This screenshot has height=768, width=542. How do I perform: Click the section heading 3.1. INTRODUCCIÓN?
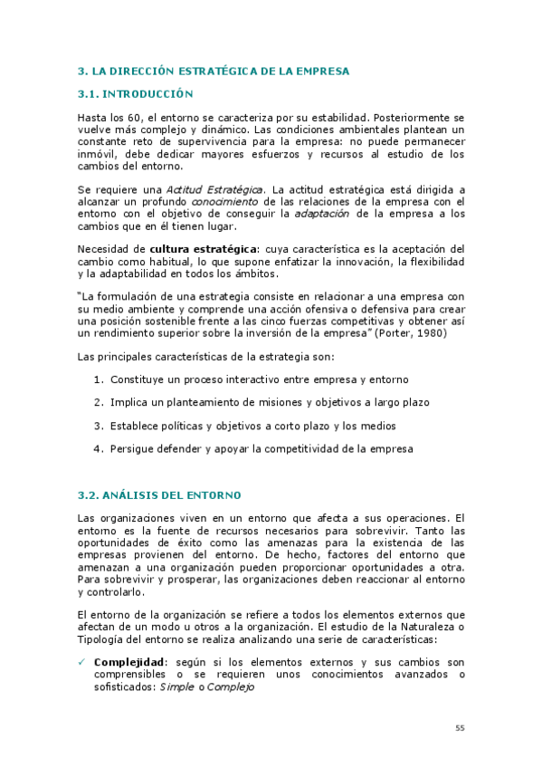point(137,93)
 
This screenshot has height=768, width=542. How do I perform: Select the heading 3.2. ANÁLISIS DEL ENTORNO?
point(158,494)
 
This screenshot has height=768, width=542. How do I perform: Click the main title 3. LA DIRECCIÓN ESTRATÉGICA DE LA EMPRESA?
point(214,70)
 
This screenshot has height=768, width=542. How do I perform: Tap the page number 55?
point(459,727)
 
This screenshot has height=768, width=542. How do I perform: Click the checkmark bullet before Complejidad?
point(82,662)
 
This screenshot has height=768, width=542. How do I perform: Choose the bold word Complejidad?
point(128,662)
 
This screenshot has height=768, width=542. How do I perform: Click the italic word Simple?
point(176,687)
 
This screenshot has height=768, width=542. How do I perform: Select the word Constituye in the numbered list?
point(138,379)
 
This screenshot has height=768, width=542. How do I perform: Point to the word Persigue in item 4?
point(133,448)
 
